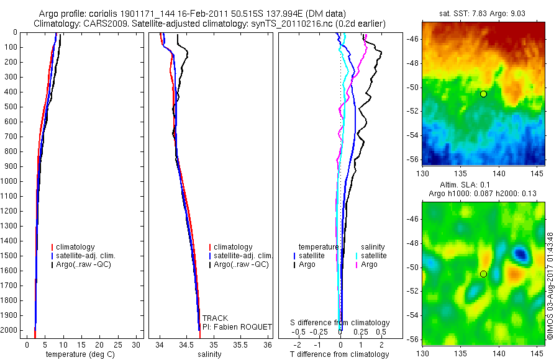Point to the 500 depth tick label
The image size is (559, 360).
click(10, 107)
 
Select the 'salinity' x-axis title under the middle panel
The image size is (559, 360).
click(209, 354)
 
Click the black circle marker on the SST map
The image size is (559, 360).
click(483, 94)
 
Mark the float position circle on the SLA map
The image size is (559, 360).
click(483, 274)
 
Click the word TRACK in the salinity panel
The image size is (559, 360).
click(215, 318)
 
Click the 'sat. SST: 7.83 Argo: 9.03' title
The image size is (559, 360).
click(483, 14)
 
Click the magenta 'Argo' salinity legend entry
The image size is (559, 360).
click(369, 264)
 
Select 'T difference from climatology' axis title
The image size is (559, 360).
click(339, 354)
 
